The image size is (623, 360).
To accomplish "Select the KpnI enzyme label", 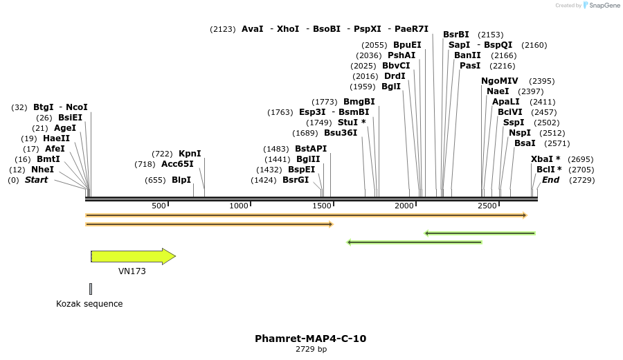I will point(190,154).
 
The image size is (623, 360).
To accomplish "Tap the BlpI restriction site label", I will point(181,180).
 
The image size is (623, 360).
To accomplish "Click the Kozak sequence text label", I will point(89,304).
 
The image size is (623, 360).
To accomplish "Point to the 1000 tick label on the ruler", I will point(239,206).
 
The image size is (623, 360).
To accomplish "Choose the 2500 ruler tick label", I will point(487,206).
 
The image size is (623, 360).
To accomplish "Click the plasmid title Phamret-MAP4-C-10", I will point(310,339).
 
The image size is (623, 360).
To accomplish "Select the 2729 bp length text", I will point(311,350).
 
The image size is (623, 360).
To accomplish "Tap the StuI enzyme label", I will point(352,123).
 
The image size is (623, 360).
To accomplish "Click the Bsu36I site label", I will point(341,133).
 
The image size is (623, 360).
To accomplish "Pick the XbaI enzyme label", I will point(545,159).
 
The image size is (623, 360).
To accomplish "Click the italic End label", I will point(551,180).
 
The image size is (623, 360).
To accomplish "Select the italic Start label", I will point(37,180).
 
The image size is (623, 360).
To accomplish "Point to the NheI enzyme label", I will point(42,170).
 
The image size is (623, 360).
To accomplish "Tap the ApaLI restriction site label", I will point(505,102).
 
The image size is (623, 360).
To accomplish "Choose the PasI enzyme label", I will point(470,66).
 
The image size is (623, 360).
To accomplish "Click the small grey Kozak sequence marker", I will point(90,289).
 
